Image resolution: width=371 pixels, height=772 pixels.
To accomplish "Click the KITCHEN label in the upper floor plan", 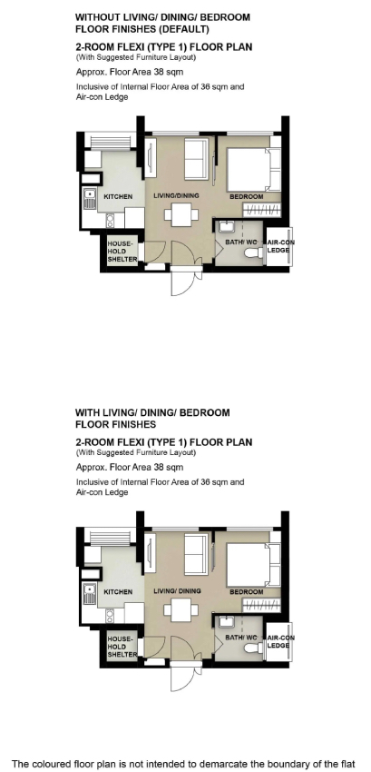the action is (118, 196).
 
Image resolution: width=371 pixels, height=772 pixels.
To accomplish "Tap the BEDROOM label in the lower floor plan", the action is (247, 592).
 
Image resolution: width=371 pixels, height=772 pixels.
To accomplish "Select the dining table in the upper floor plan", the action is (181, 214).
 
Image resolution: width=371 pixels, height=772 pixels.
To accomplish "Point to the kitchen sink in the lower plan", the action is (89, 593).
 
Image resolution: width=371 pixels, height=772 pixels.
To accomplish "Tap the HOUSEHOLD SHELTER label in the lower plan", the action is (122, 647).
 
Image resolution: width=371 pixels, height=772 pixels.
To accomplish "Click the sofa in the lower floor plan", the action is (196, 554).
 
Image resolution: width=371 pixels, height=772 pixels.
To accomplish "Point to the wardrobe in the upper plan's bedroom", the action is (262, 210).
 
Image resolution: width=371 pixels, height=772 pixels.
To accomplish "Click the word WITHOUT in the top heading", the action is (95, 17).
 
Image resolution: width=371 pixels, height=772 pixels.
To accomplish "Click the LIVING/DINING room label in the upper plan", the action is (176, 195).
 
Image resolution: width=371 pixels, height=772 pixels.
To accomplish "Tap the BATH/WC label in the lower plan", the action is (241, 638).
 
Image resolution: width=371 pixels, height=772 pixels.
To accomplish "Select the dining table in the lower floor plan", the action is (181, 610).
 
